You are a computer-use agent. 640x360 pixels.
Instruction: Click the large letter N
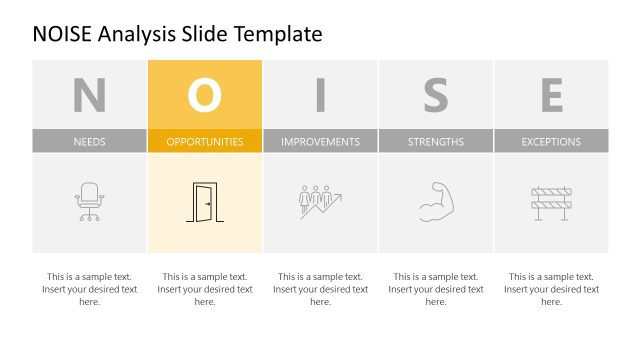click(89, 95)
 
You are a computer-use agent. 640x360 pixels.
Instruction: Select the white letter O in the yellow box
click(205, 95)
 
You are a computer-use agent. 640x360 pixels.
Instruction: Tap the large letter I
click(320, 95)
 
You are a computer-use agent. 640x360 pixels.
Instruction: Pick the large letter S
click(436, 95)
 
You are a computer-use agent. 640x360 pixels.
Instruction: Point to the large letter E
click(551, 95)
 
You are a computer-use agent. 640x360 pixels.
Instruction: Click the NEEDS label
click(89, 142)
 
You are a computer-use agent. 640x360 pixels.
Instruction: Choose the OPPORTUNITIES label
click(205, 142)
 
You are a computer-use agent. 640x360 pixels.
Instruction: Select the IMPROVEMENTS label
click(320, 142)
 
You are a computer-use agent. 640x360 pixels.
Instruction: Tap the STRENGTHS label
click(436, 142)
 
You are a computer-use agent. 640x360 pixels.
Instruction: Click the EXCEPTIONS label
click(551, 142)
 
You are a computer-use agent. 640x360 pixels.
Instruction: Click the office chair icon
click(89, 202)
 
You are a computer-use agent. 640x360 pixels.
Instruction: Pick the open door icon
click(204, 202)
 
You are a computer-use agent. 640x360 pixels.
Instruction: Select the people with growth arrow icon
click(320, 201)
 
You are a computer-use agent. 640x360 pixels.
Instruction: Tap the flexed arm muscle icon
click(436, 201)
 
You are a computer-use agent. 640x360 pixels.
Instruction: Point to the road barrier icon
click(551, 202)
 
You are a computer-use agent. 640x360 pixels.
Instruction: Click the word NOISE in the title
click(66, 34)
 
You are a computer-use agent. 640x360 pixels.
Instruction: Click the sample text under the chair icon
click(89, 289)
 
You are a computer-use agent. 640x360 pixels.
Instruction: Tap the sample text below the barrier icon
click(551, 289)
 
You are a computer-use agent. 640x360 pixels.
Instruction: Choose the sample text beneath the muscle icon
click(436, 289)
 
